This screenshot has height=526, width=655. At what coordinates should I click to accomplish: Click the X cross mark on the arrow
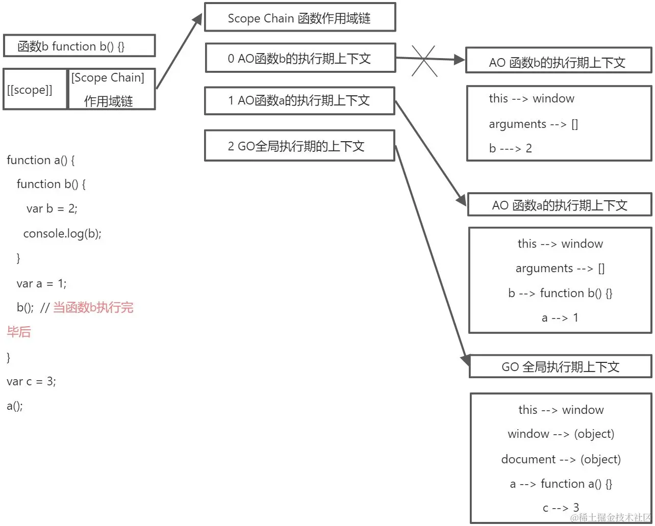tap(424, 61)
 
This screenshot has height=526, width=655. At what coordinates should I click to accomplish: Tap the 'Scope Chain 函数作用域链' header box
tap(299, 18)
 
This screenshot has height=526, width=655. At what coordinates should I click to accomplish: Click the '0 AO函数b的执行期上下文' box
tap(300, 59)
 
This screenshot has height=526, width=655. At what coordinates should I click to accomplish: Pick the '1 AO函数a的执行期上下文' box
tap(299, 100)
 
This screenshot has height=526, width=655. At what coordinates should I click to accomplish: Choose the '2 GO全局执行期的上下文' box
tap(299, 146)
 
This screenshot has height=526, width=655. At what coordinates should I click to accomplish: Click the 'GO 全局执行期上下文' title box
tap(560, 367)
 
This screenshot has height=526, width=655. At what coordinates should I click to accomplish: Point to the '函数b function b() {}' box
tap(79, 46)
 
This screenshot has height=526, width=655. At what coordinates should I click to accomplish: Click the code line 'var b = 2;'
tap(52, 208)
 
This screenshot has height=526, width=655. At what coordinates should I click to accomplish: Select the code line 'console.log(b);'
tap(62, 233)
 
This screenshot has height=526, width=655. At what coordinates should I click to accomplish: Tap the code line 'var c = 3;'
tap(31, 381)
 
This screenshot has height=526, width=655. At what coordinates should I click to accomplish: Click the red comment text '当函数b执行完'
tap(93, 307)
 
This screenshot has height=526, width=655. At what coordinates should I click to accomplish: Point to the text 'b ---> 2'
tap(510, 148)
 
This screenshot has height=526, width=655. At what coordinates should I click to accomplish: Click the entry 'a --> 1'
tap(560, 318)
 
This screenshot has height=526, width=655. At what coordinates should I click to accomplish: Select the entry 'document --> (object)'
tap(561, 459)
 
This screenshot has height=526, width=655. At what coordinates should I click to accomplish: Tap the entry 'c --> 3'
tap(561, 508)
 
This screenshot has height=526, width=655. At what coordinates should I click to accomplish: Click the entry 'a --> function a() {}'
tap(561, 484)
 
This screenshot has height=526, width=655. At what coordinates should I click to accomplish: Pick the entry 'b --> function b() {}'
tap(560, 293)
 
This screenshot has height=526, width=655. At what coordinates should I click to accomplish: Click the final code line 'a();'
tap(15, 406)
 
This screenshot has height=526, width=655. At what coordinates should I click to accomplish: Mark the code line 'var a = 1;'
tap(41, 283)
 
